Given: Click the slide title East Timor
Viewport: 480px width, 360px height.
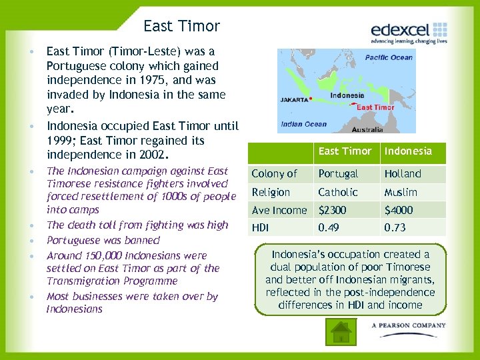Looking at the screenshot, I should pos(181,27).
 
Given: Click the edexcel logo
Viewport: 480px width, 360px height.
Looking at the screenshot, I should pos(409,32).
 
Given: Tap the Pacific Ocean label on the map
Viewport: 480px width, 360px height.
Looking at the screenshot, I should pos(389,57).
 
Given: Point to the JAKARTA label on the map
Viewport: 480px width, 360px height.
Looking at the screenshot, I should pos(294,99).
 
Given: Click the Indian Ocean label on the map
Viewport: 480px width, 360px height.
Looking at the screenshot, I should pos(303,124).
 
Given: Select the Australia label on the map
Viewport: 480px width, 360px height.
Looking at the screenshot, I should pos(367,129).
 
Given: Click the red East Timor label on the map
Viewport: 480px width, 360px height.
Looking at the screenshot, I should pos(375,107).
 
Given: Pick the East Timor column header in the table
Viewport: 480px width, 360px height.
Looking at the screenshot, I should pos(345,151).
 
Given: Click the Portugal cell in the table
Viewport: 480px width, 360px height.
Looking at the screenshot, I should pos(338,174).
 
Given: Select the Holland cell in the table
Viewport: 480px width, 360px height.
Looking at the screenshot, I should pos(403,174).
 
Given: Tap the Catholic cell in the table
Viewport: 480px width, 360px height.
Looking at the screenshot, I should pos(338,193).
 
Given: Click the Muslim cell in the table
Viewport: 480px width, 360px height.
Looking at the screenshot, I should pos(401,193).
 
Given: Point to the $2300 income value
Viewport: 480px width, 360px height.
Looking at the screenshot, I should pos(333,211).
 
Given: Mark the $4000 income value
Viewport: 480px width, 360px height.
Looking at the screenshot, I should pos(399,211).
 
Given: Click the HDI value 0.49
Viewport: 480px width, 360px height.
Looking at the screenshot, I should pos(329,228).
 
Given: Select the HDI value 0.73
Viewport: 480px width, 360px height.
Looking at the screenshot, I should pos(395,228).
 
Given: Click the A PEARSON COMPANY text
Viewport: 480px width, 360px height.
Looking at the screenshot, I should pos(409,325).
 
